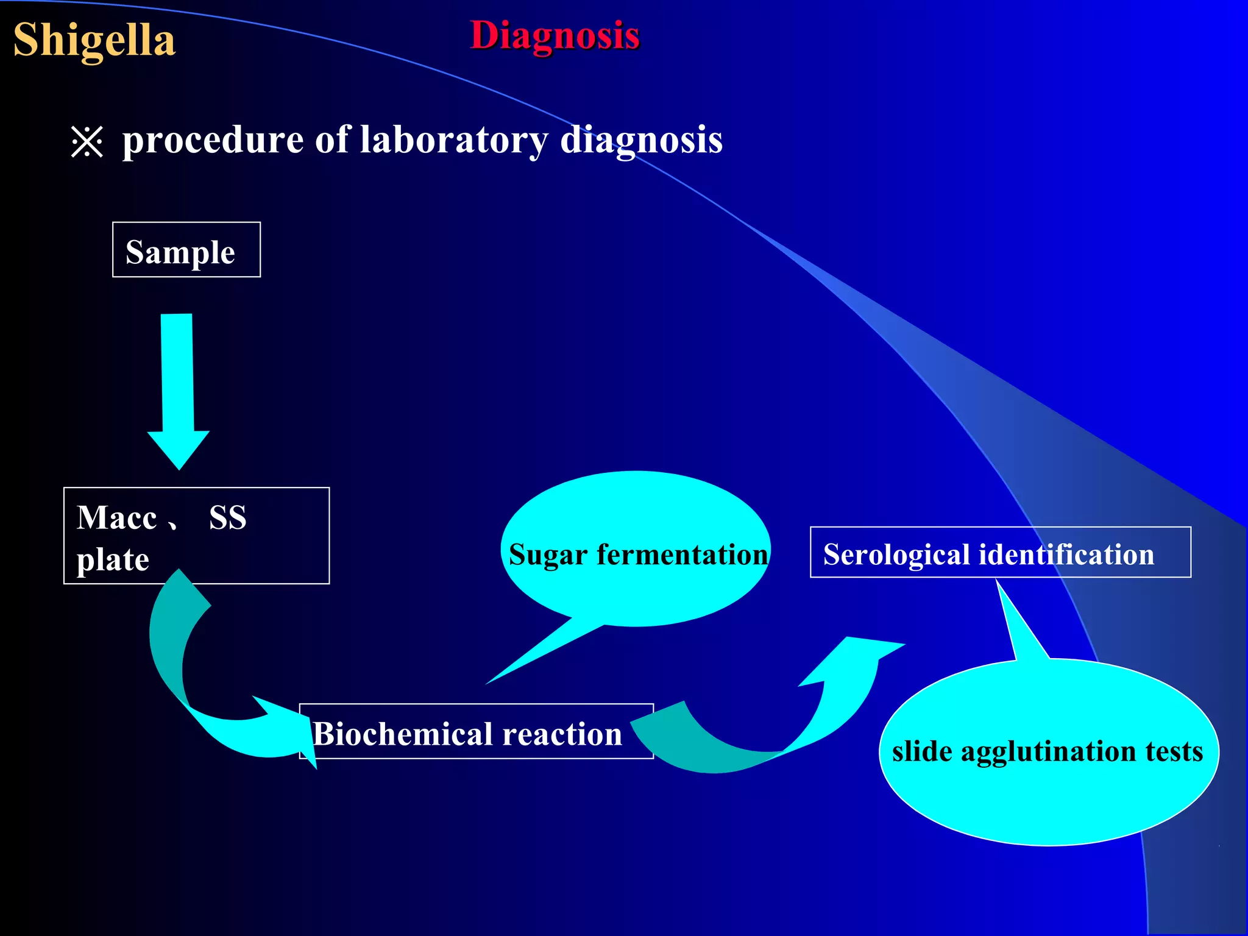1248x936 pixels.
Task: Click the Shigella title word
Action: [x=94, y=40]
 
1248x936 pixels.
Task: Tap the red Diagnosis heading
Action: [x=555, y=35]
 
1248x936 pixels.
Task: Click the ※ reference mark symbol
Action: [x=87, y=142]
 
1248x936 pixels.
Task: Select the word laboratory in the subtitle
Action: [x=454, y=140]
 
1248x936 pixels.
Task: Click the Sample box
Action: [x=186, y=250]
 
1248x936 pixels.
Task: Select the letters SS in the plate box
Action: [x=227, y=518]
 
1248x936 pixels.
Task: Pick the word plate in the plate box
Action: [x=113, y=559]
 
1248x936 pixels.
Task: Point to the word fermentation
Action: [x=682, y=555]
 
